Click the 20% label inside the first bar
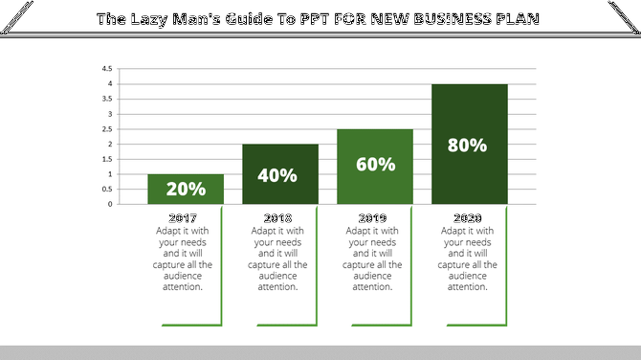pos(185,190)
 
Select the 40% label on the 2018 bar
pos(278,175)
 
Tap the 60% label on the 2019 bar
pos(374,164)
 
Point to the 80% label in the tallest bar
pos(468,146)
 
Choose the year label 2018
pos(278,218)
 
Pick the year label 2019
pos(374,218)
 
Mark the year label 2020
pos(469,218)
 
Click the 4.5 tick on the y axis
pos(107,69)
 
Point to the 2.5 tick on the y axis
pos(107,129)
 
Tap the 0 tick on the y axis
pos(110,204)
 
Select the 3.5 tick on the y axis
pos(107,100)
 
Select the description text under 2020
pos(469,259)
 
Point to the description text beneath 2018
pos(278,259)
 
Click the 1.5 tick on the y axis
pos(107,159)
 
